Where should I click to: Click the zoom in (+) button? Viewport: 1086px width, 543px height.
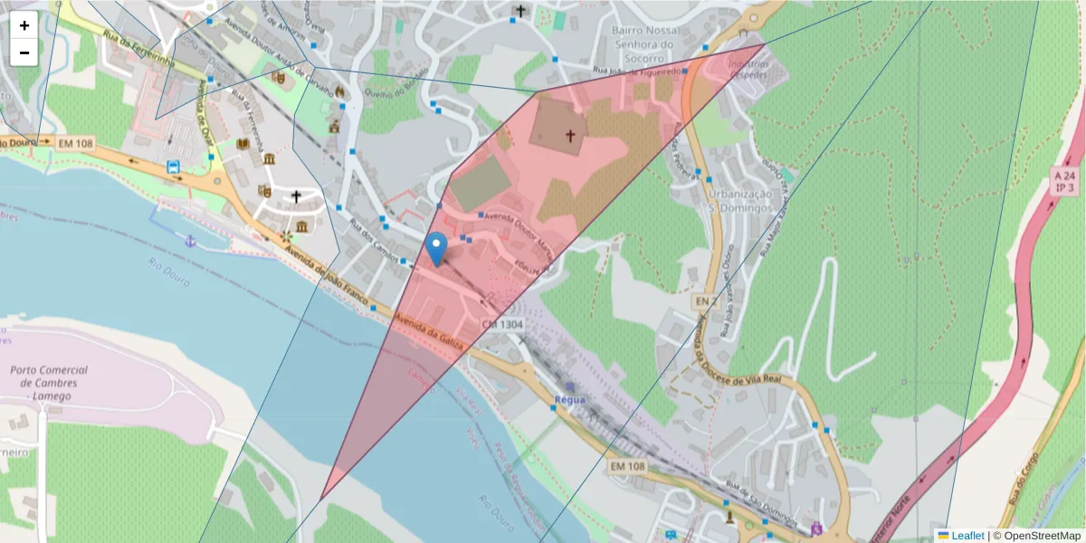(x=24, y=25)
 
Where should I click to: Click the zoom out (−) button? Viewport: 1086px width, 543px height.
(x=24, y=52)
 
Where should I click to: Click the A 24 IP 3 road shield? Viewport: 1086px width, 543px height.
(x=1066, y=181)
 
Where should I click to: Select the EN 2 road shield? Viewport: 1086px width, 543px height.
(x=706, y=300)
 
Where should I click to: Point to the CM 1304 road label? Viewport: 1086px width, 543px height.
(x=501, y=323)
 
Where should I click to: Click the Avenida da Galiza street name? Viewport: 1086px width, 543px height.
(x=431, y=331)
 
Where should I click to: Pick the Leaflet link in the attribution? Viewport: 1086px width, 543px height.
(x=967, y=536)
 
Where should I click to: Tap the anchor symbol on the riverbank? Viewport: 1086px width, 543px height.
(x=190, y=241)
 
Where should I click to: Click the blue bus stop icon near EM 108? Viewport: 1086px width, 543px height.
(x=173, y=167)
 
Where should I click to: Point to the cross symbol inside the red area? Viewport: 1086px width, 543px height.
(x=570, y=136)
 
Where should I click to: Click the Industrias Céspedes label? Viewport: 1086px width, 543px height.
(x=748, y=70)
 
